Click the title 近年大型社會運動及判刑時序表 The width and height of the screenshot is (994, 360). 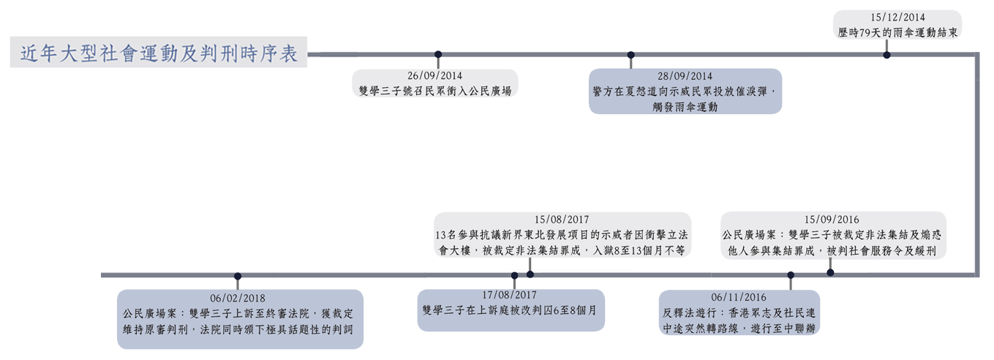click(160, 54)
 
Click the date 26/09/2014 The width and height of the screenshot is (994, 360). click(435, 75)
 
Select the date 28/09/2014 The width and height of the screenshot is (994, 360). click(685, 75)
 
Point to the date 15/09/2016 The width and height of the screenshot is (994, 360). click(832, 219)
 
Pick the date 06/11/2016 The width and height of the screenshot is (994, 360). click(739, 297)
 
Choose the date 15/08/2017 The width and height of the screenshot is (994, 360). click(562, 219)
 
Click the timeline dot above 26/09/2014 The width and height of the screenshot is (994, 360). click(438, 54)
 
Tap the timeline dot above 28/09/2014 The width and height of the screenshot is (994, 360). click(630, 54)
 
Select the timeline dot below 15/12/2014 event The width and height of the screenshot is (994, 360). click(886, 54)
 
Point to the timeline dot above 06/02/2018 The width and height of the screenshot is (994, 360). click(237, 276)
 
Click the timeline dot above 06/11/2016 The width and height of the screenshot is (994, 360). click(790, 276)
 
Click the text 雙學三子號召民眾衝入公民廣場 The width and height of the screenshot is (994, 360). click(435, 91)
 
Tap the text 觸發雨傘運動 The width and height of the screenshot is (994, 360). click(685, 107)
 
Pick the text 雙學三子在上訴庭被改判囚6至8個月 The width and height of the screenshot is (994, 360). click(511, 310)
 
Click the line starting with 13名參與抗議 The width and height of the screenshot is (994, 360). click(562, 234)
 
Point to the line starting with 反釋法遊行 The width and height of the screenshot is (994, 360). click(739, 313)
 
